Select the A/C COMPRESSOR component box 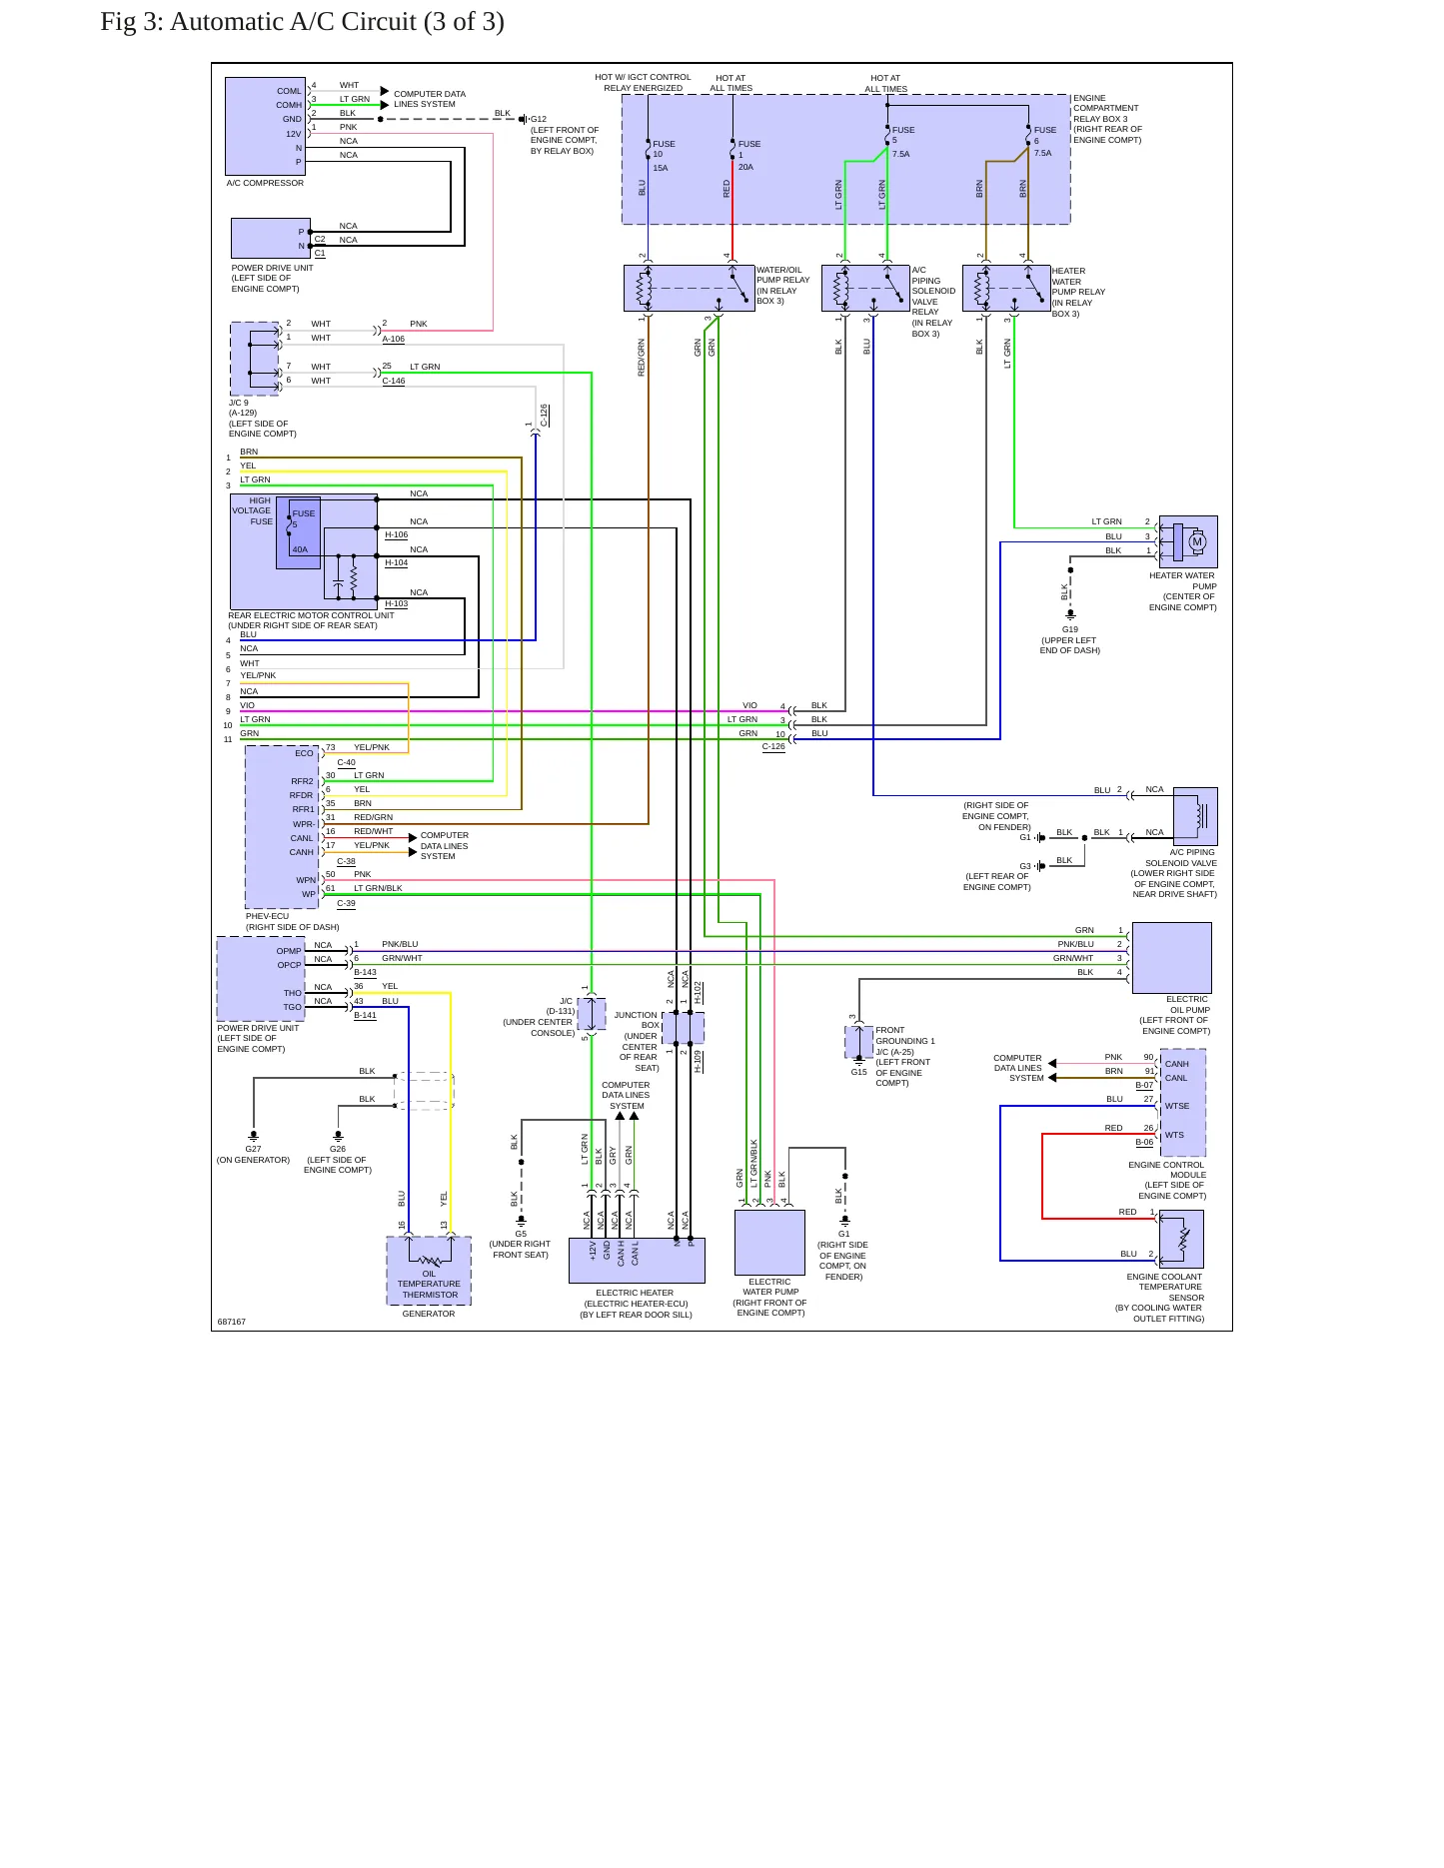(265, 126)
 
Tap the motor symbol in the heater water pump (1197, 542)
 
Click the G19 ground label (1070, 629)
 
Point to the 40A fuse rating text (300, 549)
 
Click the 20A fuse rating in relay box (745, 167)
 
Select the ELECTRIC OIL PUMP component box (1171, 958)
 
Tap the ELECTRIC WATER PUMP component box (769, 1243)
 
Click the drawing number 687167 (232, 1322)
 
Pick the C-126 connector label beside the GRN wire (773, 746)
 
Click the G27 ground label (254, 1149)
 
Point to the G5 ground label (521, 1234)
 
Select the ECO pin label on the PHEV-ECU (304, 753)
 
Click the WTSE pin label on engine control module (1177, 1106)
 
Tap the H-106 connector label (397, 534)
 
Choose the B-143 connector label (365, 972)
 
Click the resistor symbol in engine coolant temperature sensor (1185, 1240)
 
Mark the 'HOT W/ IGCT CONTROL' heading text (643, 77)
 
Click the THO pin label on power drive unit (292, 993)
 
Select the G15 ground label (859, 1072)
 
